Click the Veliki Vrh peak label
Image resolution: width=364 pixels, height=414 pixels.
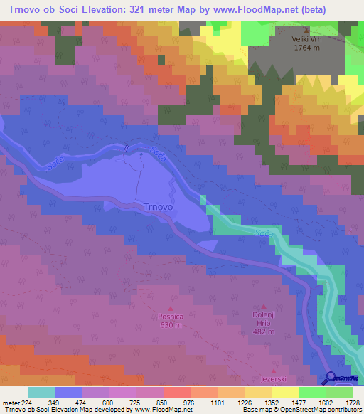pos(307,40)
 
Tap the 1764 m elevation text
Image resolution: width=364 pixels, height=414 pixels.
pos(307,49)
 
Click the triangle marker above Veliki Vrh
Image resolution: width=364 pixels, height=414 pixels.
pos(307,31)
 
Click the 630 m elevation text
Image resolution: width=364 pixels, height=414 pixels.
pos(171,326)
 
